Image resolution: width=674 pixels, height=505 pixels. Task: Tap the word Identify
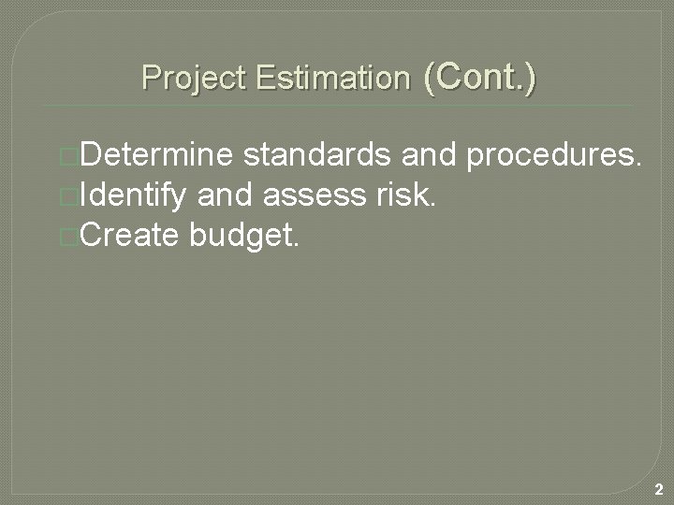point(135,195)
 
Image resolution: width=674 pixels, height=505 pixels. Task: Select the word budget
point(243,237)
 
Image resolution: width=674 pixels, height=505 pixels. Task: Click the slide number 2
point(659,489)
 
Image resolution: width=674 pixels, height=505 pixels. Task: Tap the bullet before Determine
point(66,156)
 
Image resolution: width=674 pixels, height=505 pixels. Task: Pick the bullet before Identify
point(66,196)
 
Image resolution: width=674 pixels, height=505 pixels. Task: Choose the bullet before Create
point(66,237)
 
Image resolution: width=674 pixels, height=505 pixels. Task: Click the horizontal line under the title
point(337,106)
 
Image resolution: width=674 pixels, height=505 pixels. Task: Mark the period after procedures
point(638,164)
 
